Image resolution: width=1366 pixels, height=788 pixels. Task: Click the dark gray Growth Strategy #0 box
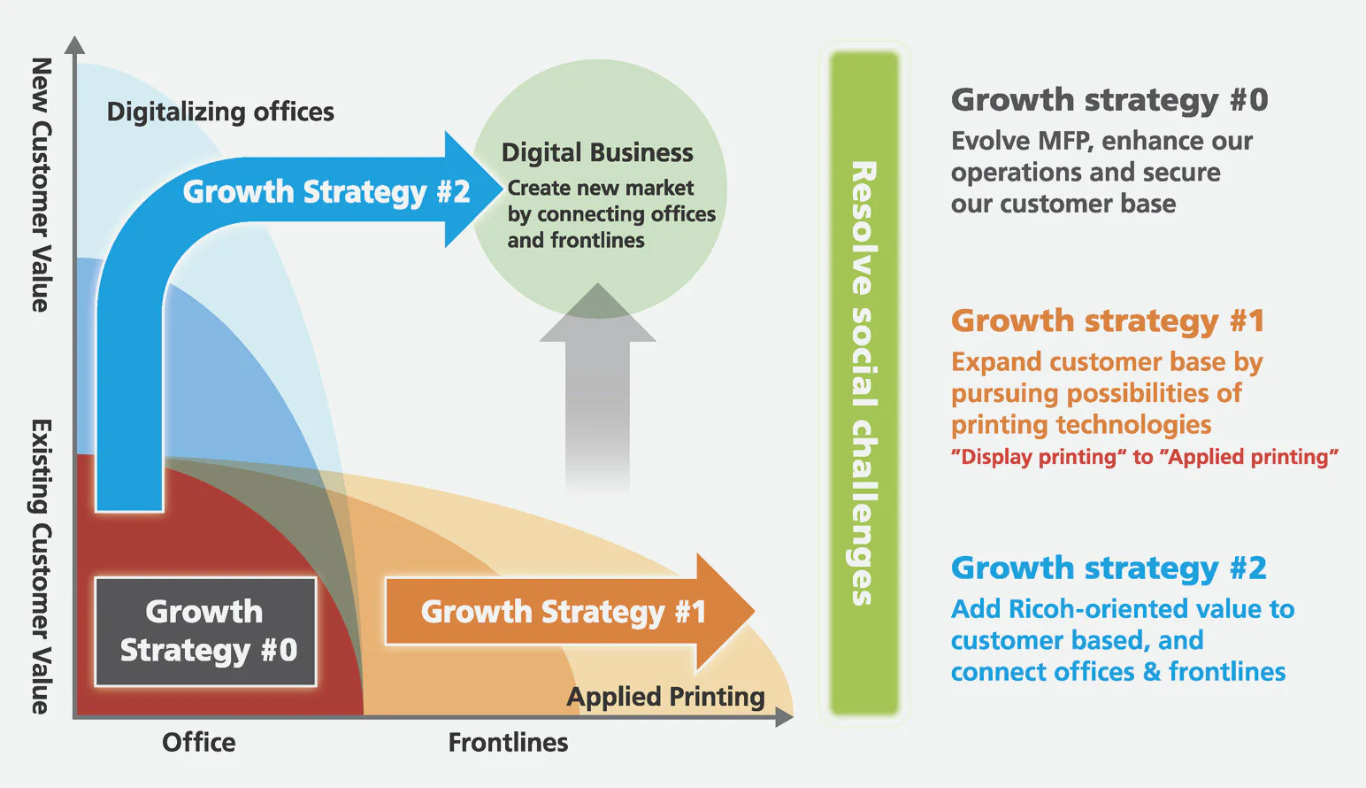coord(205,631)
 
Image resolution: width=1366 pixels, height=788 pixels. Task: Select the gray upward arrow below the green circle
coord(598,390)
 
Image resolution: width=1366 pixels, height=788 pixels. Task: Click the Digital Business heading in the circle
coord(597,153)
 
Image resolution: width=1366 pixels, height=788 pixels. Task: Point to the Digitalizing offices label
coord(220,112)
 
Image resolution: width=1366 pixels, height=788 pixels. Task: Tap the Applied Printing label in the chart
coord(665,697)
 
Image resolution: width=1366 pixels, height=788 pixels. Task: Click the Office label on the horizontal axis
coord(199,742)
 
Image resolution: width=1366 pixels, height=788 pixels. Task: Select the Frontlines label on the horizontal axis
coord(508,742)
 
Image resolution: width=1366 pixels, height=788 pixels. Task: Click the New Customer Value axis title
coord(41,184)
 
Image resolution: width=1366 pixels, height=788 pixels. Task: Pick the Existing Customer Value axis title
coord(41,567)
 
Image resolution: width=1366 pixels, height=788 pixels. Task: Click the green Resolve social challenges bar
coord(863,382)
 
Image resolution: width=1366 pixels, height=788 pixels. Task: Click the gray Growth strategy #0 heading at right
coord(1109,100)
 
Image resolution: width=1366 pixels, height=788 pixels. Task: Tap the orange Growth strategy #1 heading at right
coord(1108,321)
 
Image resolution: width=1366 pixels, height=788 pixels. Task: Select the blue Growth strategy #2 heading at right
coord(1109,568)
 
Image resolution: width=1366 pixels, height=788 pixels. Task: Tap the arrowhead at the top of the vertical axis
coord(75,46)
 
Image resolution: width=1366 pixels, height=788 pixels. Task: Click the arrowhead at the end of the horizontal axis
coord(784,717)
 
